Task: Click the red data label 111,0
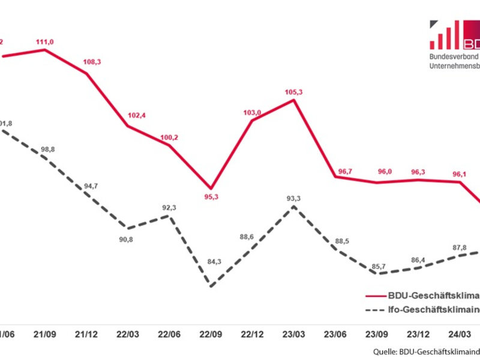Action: pyautogui.click(x=45, y=40)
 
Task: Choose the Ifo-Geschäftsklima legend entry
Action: pyautogui.click(x=423, y=310)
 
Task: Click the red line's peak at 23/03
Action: pyautogui.click(x=293, y=100)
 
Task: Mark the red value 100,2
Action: pyautogui.click(x=169, y=137)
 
